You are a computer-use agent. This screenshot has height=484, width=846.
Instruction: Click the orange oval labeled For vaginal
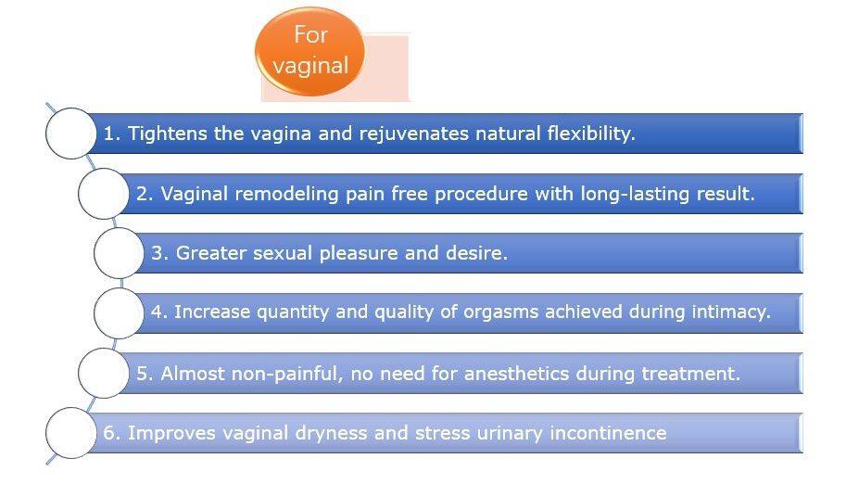(310, 51)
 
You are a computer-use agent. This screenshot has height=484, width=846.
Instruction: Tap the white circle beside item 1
(71, 134)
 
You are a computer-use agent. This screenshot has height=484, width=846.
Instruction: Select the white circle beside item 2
(104, 194)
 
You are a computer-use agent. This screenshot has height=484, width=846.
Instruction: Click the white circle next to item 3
(120, 253)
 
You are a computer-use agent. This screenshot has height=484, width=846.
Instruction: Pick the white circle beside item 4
(120, 312)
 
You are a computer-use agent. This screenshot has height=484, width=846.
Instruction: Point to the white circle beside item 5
(104, 374)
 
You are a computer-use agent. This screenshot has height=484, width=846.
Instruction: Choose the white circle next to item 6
(71, 433)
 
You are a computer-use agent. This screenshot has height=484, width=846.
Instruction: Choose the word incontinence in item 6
(608, 433)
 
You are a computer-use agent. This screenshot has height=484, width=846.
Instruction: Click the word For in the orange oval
(310, 35)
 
